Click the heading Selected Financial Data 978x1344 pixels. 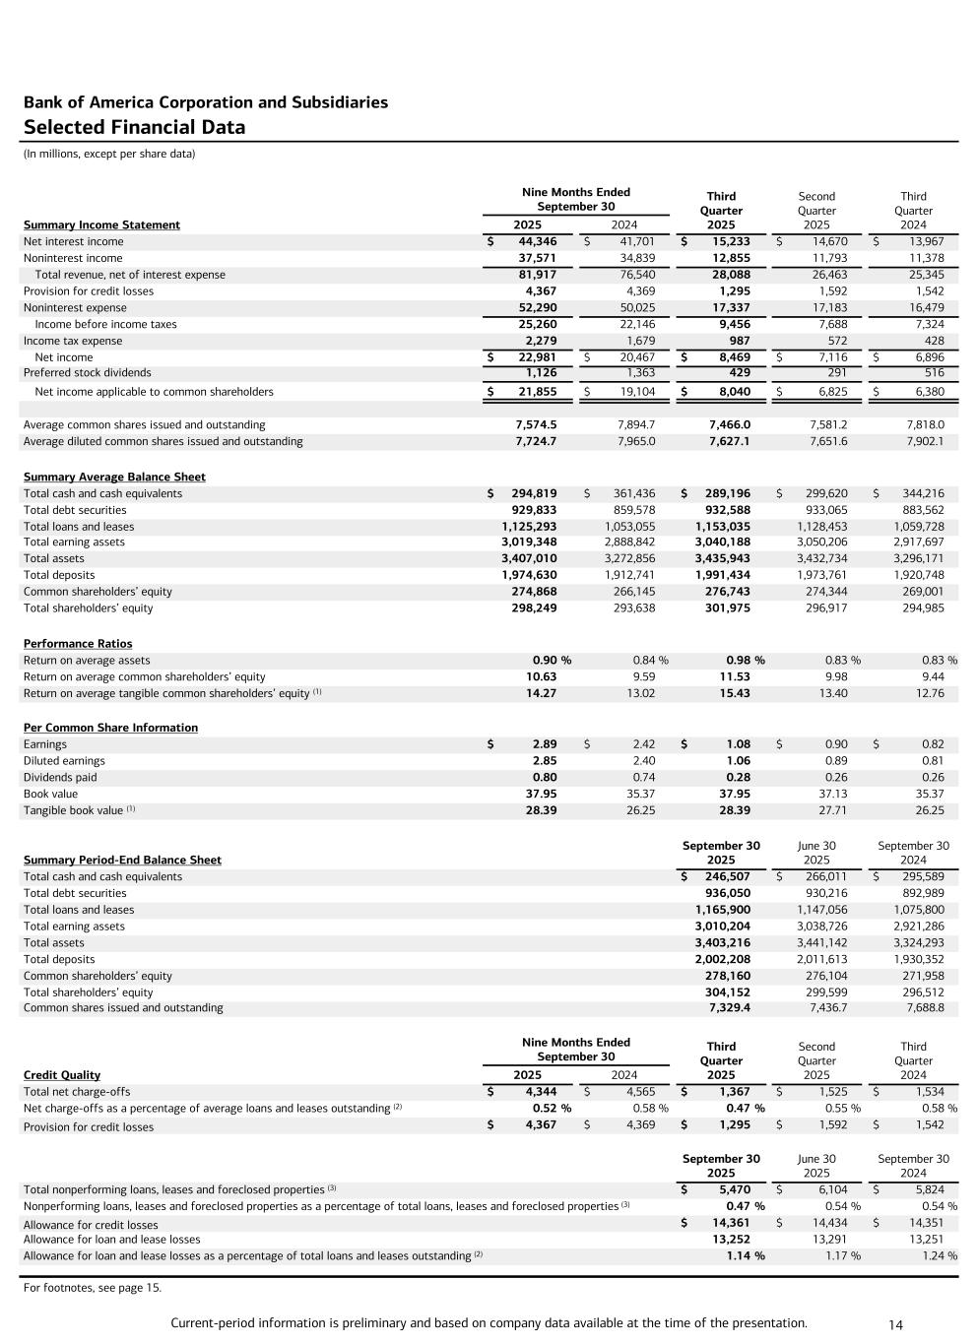134,127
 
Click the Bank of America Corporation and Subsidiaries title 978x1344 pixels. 205,102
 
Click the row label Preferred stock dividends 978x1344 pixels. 87,373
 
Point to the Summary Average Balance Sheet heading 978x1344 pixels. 114,477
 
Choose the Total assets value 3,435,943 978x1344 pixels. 723,558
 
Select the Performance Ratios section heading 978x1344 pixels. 78,644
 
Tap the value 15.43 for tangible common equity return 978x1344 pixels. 735,693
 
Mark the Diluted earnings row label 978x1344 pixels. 64,761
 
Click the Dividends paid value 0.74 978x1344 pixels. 643,777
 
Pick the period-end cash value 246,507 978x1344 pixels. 727,876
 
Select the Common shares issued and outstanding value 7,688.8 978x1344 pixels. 924,1008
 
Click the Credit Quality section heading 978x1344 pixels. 61,1075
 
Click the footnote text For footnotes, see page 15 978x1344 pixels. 92,1287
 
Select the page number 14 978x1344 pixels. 895,1325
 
